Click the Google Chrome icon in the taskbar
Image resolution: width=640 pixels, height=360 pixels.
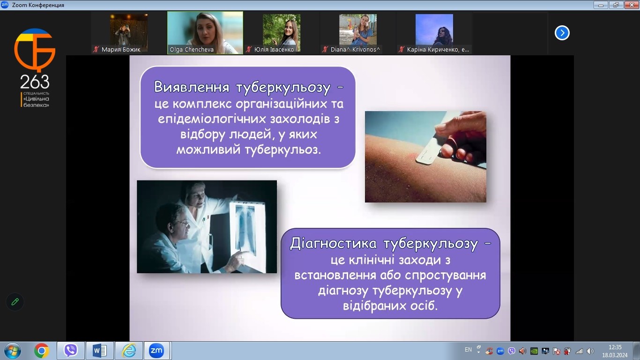point(41,351)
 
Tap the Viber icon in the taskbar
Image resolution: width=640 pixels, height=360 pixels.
point(71,351)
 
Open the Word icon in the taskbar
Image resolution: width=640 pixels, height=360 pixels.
point(100,351)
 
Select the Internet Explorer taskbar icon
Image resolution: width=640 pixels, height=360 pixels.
point(129,351)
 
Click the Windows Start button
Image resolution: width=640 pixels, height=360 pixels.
point(13,351)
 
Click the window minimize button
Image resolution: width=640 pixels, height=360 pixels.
point(601,5)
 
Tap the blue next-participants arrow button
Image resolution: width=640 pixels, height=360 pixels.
point(562,33)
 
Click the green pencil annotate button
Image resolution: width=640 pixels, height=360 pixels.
point(15,302)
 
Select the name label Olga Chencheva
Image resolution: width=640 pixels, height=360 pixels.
point(192,50)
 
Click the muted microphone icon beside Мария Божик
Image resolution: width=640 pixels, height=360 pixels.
point(96,50)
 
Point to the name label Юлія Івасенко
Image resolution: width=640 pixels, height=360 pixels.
point(274,50)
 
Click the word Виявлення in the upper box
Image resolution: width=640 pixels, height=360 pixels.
point(192,87)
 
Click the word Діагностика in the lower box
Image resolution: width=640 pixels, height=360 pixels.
point(333,244)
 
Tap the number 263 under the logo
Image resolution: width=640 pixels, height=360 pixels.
point(35,82)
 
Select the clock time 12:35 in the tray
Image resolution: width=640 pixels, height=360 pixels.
point(615,347)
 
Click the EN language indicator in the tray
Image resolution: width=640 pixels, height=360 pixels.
point(468,350)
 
